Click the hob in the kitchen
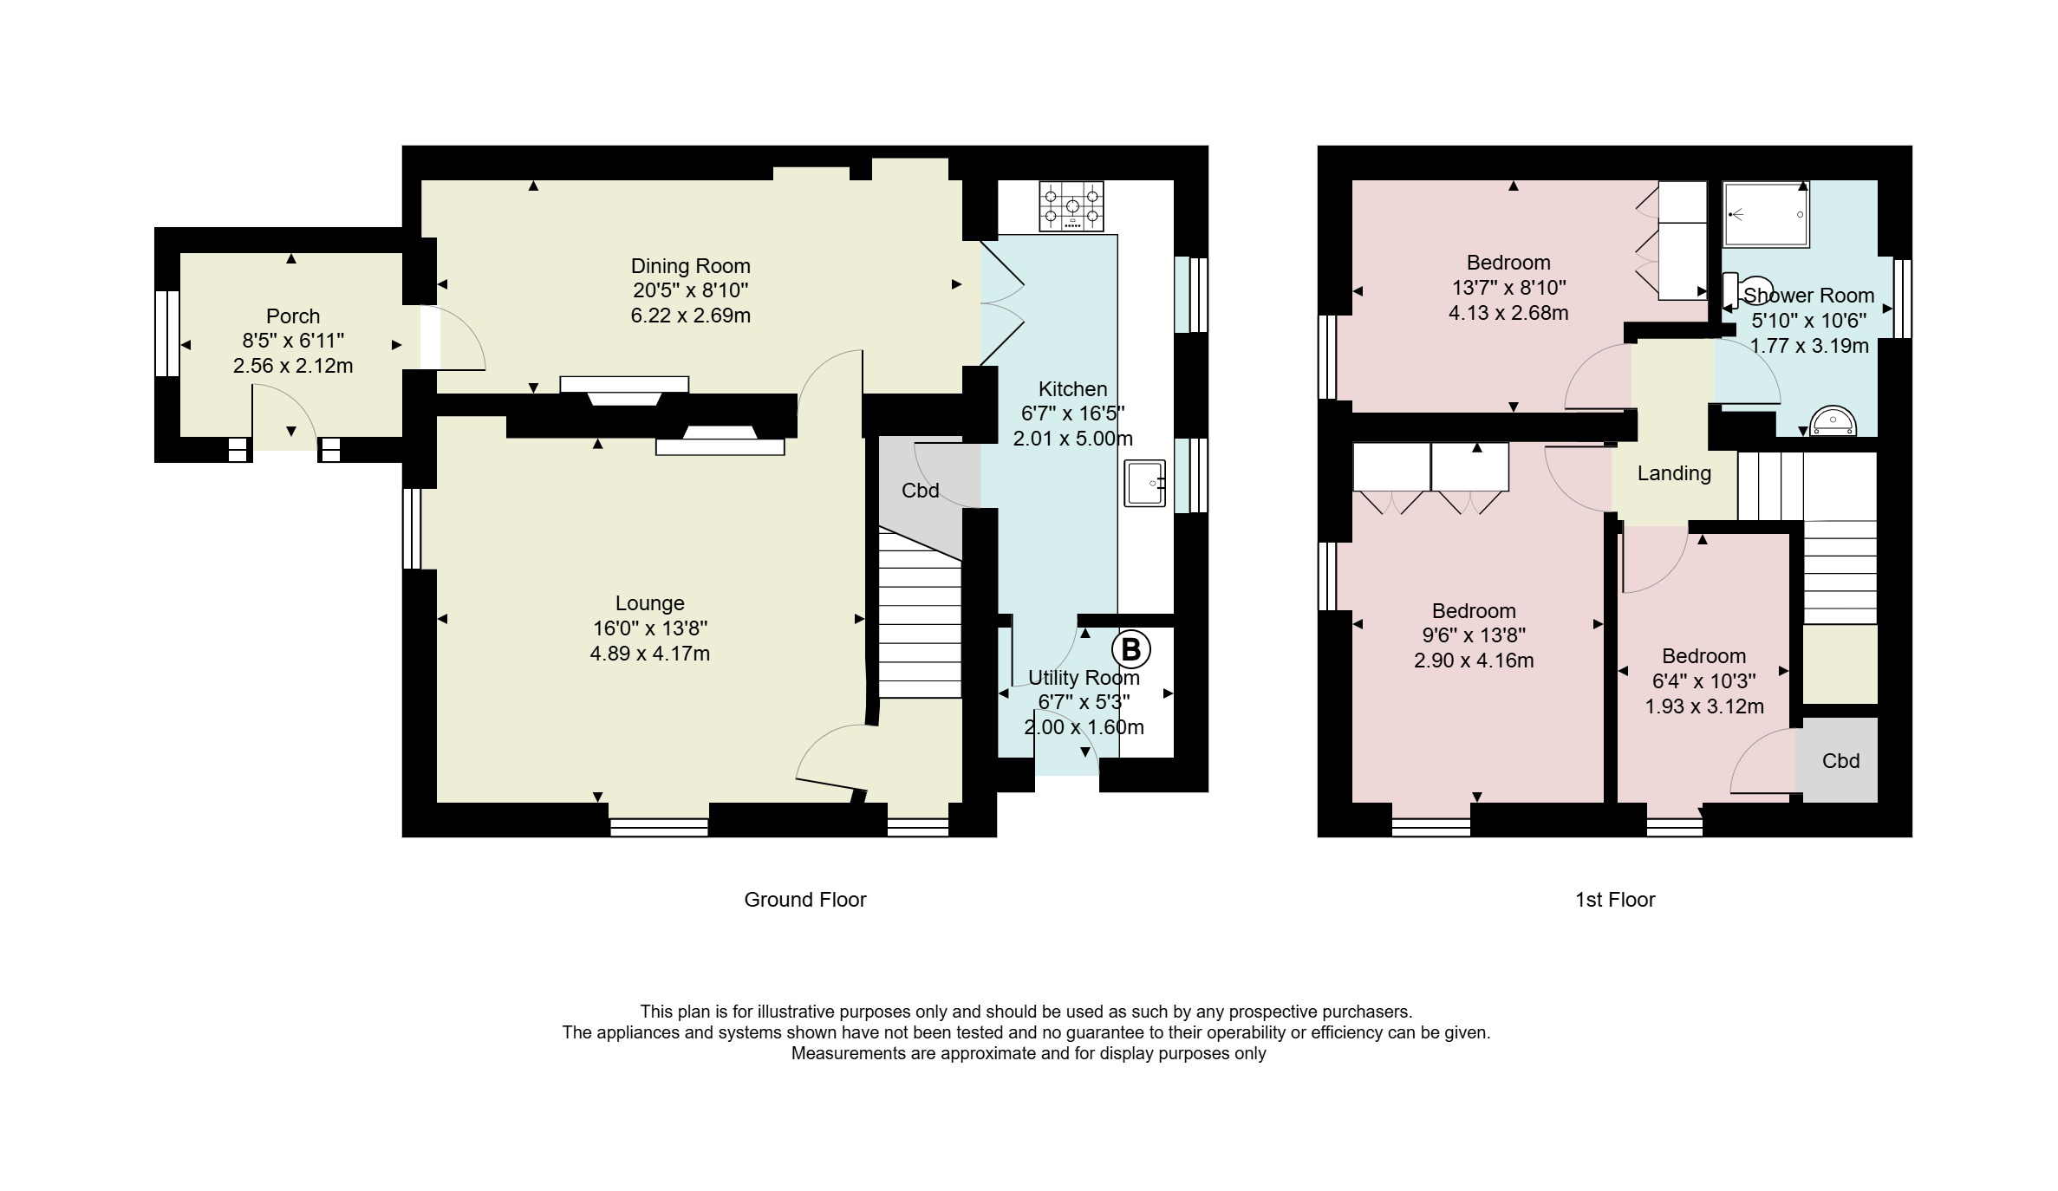click(1071, 206)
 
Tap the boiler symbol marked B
click(1130, 648)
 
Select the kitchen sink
click(1145, 483)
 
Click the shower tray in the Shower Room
click(1765, 215)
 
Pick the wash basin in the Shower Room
click(1833, 421)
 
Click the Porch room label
click(293, 316)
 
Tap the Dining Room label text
click(690, 266)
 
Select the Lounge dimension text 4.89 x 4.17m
click(650, 654)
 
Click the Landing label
click(1674, 473)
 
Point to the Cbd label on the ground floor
click(920, 491)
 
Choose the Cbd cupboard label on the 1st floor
click(1840, 761)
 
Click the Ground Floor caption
click(805, 900)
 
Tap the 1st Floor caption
click(1615, 900)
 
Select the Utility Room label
click(1084, 678)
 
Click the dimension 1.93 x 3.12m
click(1704, 706)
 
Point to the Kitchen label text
click(1073, 389)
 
